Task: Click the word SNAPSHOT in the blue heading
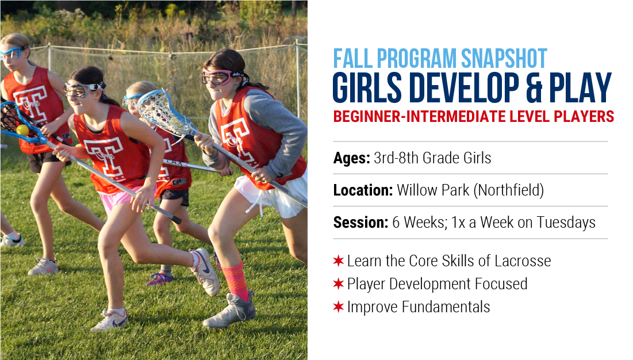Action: [504, 59]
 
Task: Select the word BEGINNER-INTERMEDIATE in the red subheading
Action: [419, 117]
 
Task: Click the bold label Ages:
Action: [351, 158]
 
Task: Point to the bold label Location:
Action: [363, 190]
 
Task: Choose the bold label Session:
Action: [360, 223]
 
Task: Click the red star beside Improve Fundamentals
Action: [338, 307]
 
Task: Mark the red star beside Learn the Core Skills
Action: [338, 261]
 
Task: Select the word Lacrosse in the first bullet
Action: [523, 261]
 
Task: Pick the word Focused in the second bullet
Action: [501, 284]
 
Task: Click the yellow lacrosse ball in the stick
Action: [22, 130]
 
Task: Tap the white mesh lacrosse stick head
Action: [162, 110]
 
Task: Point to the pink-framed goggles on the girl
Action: [221, 76]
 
